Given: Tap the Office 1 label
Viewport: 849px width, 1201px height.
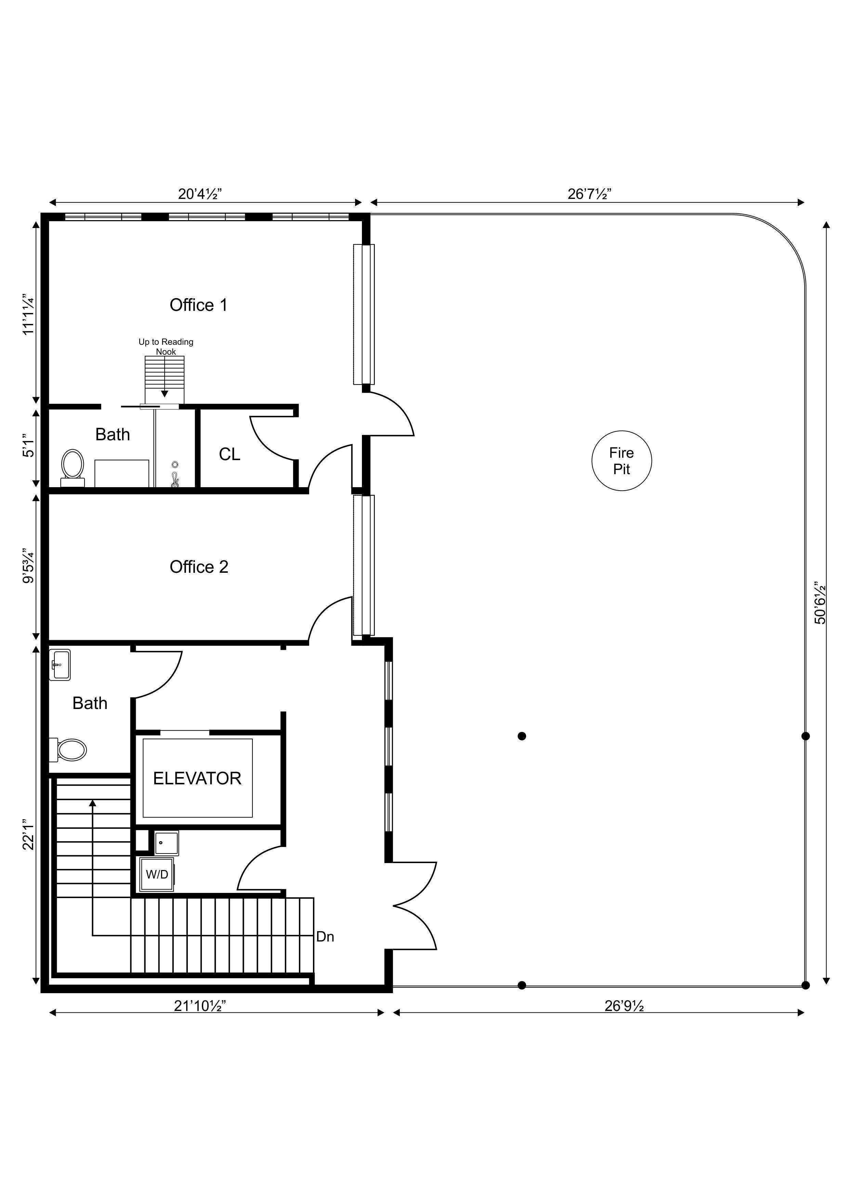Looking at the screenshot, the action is click(199, 305).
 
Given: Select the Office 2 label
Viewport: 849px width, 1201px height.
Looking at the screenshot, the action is click(199, 567).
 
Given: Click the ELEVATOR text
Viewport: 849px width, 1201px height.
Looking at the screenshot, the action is click(197, 778).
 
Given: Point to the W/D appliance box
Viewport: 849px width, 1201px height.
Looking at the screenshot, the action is click(157, 874).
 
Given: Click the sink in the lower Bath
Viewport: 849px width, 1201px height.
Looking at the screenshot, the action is click(60, 665).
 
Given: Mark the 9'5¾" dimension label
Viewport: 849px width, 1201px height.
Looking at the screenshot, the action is click(28, 566).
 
